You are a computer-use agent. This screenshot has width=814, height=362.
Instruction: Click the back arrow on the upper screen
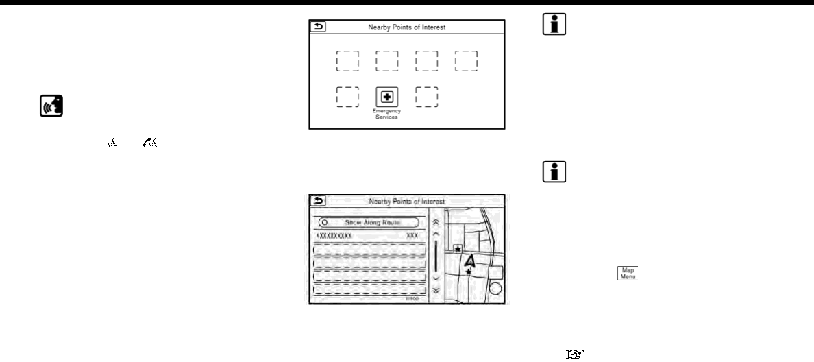(x=318, y=27)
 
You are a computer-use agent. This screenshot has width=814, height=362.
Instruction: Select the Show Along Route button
(x=369, y=222)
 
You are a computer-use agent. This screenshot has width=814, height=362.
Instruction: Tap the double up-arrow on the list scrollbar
(x=436, y=224)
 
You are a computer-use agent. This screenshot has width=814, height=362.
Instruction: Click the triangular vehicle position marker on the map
(x=469, y=261)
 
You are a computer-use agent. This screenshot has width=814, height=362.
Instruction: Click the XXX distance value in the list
(x=412, y=235)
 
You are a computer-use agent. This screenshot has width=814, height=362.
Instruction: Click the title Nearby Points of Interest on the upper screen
(x=407, y=27)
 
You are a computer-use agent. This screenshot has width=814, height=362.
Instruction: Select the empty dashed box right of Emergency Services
(x=428, y=97)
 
